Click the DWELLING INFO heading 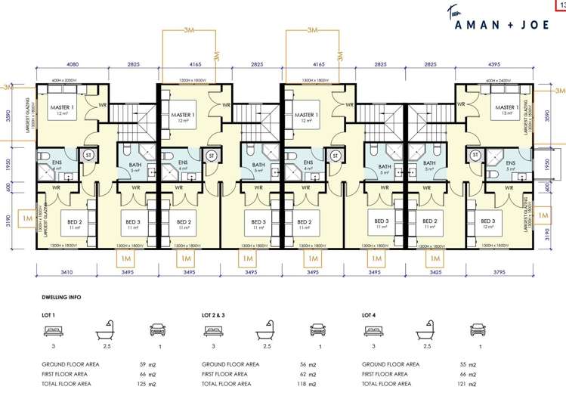62,297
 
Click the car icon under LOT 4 477,329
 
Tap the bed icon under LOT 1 54,330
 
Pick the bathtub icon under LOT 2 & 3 264,329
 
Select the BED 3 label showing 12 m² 487,224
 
